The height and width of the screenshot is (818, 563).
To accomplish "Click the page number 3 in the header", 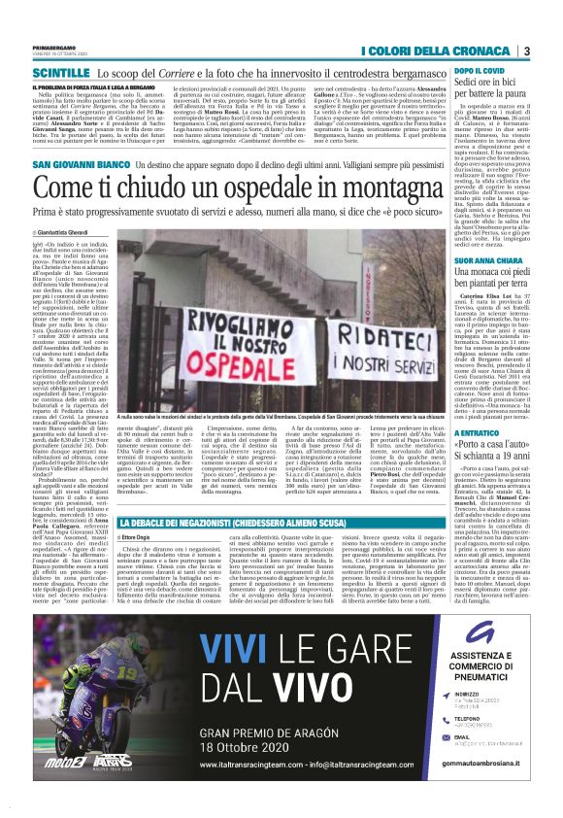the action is click(x=526, y=51).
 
